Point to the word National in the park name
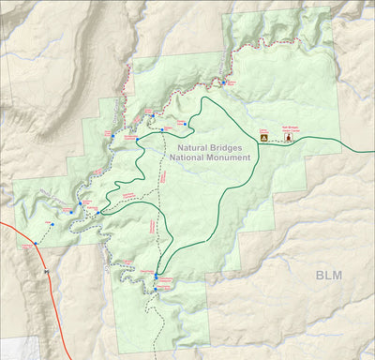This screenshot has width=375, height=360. [186, 158]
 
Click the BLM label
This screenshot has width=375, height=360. [329, 275]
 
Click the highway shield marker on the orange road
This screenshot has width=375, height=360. [45, 274]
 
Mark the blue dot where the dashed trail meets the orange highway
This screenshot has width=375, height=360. [35, 244]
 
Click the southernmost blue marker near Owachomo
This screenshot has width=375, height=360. [157, 292]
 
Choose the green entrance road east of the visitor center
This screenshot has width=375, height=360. [337, 149]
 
